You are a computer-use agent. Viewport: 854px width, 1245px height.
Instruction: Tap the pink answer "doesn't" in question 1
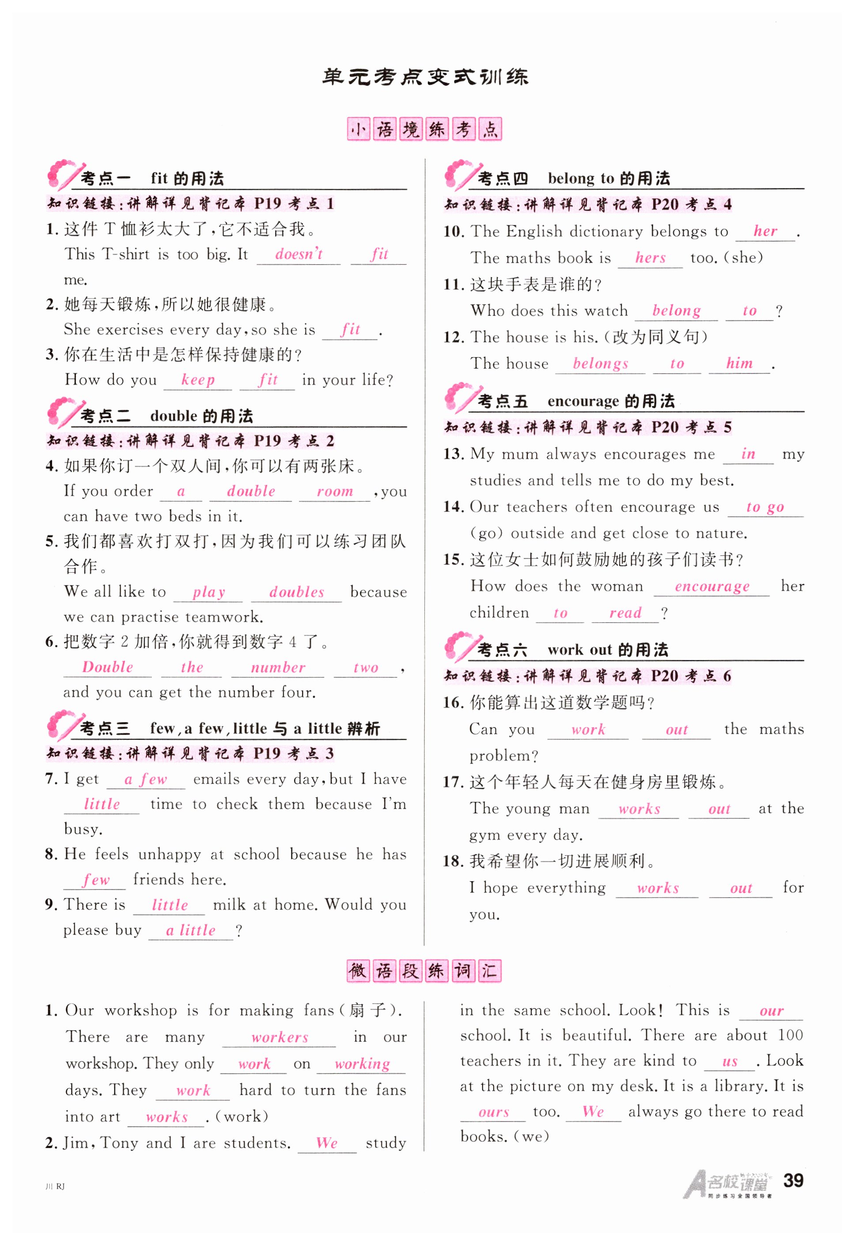[299, 254]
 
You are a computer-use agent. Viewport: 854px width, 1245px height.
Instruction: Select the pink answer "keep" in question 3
[197, 380]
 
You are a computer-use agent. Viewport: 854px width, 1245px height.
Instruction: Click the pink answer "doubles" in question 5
[296, 592]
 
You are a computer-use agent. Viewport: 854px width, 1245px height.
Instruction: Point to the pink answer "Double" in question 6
[107, 667]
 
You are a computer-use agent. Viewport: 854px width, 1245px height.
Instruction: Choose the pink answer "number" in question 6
[278, 667]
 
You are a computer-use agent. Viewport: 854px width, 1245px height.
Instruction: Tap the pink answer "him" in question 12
[739, 363]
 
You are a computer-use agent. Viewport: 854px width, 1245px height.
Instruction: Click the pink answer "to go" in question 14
[764, 507]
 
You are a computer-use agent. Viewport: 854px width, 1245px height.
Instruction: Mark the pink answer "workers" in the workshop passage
[280, 1037]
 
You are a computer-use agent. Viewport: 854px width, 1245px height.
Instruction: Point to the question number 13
[453, 454]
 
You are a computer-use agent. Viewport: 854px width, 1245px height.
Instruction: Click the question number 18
[453, 862]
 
